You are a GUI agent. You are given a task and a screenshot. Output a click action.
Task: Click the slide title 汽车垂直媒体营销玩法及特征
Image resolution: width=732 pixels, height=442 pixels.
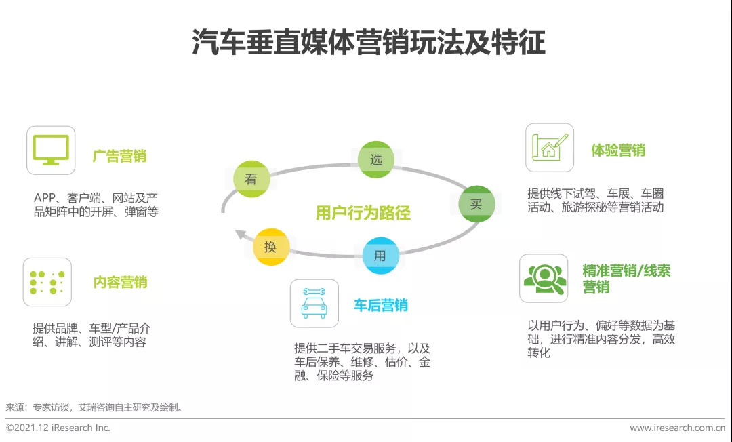pyautogui.click(x=368, y=42)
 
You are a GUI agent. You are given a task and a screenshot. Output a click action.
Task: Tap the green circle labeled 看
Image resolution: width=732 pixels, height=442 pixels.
pyautogui.click(x=251, y=179)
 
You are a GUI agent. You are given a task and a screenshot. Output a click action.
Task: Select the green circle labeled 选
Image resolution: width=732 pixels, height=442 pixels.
pyautogui.click(x=375, y=159)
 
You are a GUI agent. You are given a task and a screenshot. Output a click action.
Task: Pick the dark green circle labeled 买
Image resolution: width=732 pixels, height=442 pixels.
pyautogui.click(x=476, y=204)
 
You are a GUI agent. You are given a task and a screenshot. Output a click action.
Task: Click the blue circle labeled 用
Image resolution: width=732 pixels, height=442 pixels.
pyautogui.click(x=380, y=256)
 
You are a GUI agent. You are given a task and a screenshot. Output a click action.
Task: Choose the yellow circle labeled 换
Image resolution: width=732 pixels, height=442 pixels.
pyautogui.click(x=270, y=247)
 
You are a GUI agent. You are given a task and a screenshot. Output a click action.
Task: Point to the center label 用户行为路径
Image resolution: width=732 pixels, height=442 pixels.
pyautogui.click(x=363, y=213)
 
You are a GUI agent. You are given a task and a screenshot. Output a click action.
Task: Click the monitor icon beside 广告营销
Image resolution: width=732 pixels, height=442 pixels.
pyautogui.click(x=51, y=150)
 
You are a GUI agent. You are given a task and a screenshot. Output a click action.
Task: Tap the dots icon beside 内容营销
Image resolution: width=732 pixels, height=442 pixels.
pyautogui.click(x=47, y=281)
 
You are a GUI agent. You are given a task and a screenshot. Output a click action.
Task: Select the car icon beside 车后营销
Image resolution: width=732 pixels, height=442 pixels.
pyautogui.click(x=314, y=304)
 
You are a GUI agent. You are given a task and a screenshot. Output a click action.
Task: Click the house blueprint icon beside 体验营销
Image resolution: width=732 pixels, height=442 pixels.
pyautogui.click(x=550, y=147)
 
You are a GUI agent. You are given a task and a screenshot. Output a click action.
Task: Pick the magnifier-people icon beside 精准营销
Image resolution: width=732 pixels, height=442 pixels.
pyautogui.click(x=544, y=278)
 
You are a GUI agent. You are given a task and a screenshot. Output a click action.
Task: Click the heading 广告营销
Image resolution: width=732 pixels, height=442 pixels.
pyautogui.click(x=119, y=156)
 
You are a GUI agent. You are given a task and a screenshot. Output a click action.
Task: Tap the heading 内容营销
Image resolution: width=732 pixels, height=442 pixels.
pyautogui.click(x=120, y=282)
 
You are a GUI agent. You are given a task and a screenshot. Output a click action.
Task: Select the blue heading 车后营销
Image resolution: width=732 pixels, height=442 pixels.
pyautogui.click(x=380, y=305)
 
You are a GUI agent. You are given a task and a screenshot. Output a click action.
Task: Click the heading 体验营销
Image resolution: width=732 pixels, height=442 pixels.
pyautogui.click(x=617, y=150)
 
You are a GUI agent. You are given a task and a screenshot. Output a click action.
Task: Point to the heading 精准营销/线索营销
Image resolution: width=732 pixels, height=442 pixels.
pyautogui.click(x=626, y=278)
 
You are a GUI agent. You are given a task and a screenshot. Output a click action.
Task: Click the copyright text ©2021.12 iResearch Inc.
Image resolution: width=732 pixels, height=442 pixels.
pyautogui.click(x=58, y=428)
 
